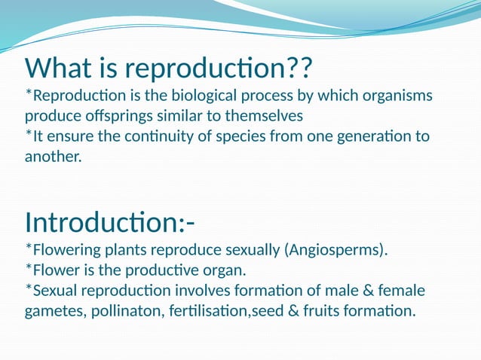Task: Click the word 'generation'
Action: (x=373, y=137)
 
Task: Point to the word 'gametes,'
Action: (x=55, y=310)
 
